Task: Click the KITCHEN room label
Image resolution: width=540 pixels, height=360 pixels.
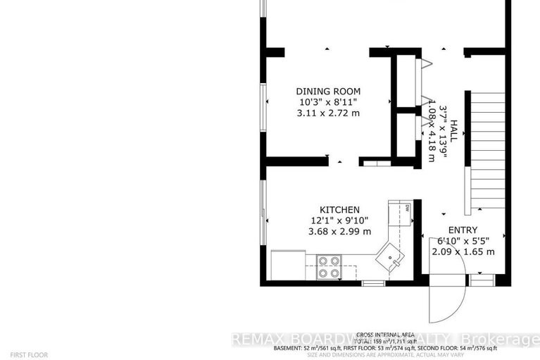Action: point(340,210)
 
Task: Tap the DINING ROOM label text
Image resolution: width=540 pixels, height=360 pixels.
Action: point(328,91)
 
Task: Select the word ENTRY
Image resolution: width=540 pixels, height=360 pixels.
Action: point(463,230)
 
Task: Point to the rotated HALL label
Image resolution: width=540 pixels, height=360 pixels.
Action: point(454,132)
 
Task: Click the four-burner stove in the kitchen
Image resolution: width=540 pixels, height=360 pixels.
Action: point(328,268)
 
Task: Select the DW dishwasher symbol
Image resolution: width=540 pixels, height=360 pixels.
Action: point(407,208)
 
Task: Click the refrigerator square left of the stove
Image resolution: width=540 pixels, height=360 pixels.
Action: point(287,266)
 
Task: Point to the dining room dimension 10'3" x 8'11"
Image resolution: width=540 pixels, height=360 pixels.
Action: point(328,101)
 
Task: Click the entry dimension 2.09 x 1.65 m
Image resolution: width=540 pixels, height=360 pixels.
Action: point(463,252)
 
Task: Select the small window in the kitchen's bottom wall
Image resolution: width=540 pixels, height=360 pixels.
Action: point(374,283)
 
